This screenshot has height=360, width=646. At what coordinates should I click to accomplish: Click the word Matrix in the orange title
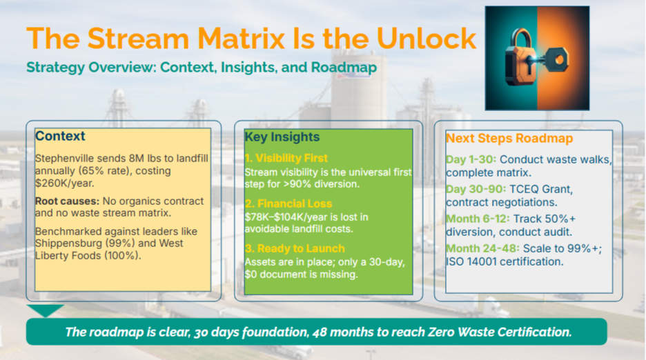[241, 39]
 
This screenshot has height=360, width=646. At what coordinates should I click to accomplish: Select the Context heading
[60, 136]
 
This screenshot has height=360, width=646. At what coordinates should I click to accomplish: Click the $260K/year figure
[64, 183]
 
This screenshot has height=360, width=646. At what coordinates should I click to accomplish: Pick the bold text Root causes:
[67, 201]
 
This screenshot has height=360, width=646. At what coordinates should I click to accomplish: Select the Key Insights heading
[282, 137]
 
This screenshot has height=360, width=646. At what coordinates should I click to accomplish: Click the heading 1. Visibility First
[286, 158]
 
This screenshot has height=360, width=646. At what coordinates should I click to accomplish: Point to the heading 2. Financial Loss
[288, 203]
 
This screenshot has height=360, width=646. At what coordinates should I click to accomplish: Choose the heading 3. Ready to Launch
[295, 248]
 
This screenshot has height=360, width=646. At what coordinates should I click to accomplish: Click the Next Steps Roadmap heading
[509, 139]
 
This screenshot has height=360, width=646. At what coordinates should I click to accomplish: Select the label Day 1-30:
[471, 159]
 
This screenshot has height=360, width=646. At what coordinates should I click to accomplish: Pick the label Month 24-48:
[483, 248]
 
